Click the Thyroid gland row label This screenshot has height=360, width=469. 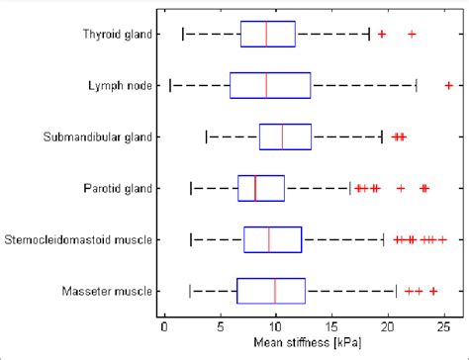(x=117, y=35)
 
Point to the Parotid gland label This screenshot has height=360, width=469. (x=119, y=188)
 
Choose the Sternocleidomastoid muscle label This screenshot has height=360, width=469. (x=79, y=239)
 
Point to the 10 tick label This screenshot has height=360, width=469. (x=276, y=323)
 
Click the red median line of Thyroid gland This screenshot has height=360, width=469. (x=266, y=35)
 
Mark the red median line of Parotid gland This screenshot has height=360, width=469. (x=255, y=188)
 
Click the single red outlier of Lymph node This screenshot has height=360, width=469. (x=448, y=86)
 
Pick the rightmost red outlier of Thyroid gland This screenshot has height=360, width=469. (x=412, y=35)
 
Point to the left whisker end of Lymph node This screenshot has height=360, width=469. (x=170, y=86)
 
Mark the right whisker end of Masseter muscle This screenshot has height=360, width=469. (x=396, y=291)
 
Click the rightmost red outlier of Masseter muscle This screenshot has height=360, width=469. (x=433, y=291)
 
